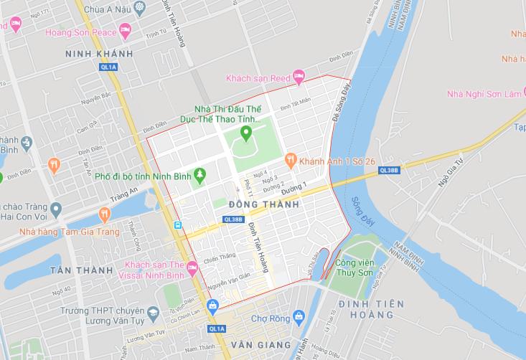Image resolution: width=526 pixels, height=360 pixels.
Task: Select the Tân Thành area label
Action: tap(81, 270)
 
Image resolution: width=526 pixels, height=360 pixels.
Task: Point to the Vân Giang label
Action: tap(268, 345)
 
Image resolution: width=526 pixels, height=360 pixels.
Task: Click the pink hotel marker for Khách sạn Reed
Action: tap(299, 76)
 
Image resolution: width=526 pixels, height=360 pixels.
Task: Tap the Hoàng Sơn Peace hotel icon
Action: tap(126, 30)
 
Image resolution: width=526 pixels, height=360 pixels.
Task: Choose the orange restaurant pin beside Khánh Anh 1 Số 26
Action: tap(291, 159)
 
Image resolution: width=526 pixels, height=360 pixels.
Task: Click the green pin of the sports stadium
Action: tap(245, 133)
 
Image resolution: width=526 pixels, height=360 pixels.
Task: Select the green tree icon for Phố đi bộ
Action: tap(200, 174)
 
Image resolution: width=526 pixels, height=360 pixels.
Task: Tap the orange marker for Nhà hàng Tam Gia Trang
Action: tap(105, 214)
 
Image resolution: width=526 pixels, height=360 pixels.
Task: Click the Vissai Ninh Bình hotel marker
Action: tap(191, 268)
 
